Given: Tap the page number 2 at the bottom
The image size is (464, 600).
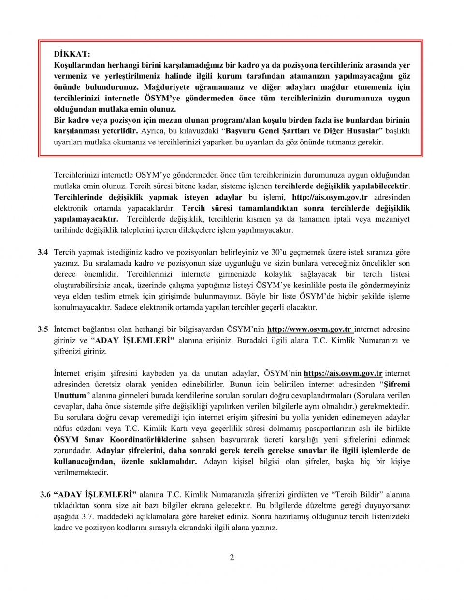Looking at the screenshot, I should [232, 557].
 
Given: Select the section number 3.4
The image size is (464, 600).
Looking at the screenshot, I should [43, 252].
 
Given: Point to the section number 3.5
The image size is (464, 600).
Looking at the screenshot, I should [43, 329].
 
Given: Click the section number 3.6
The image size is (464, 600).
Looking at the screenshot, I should [45, 495].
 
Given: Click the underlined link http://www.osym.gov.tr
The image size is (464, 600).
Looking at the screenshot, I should [309, 329].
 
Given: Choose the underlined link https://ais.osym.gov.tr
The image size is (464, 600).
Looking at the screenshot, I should [343, 373].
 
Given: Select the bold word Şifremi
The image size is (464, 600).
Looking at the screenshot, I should [396, 385].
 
